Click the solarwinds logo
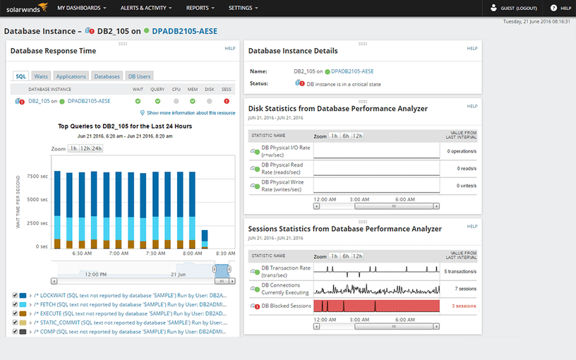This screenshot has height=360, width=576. [x=25, y=8]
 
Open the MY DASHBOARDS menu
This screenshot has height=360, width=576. [x=82, y=8]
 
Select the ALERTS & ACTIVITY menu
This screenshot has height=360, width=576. [x=147, y=8]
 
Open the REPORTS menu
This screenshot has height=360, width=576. [x=200, y=8]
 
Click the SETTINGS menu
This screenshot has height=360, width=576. [x=243, y=8]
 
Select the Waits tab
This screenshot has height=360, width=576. [x=42, y=76]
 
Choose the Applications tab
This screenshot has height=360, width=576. [x=71, y=76]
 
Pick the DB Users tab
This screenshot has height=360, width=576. [x=139, y=76]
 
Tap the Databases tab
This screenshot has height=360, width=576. [x=107, y=76]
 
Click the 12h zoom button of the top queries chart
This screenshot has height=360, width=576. [x=85, y=149]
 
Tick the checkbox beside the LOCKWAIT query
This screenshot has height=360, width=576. [x=16, y=295]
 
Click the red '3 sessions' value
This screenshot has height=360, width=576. [x=464, y=306]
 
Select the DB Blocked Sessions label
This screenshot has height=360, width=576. [x=286, y=306]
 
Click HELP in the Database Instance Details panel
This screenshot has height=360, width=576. [x=472, y=48]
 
